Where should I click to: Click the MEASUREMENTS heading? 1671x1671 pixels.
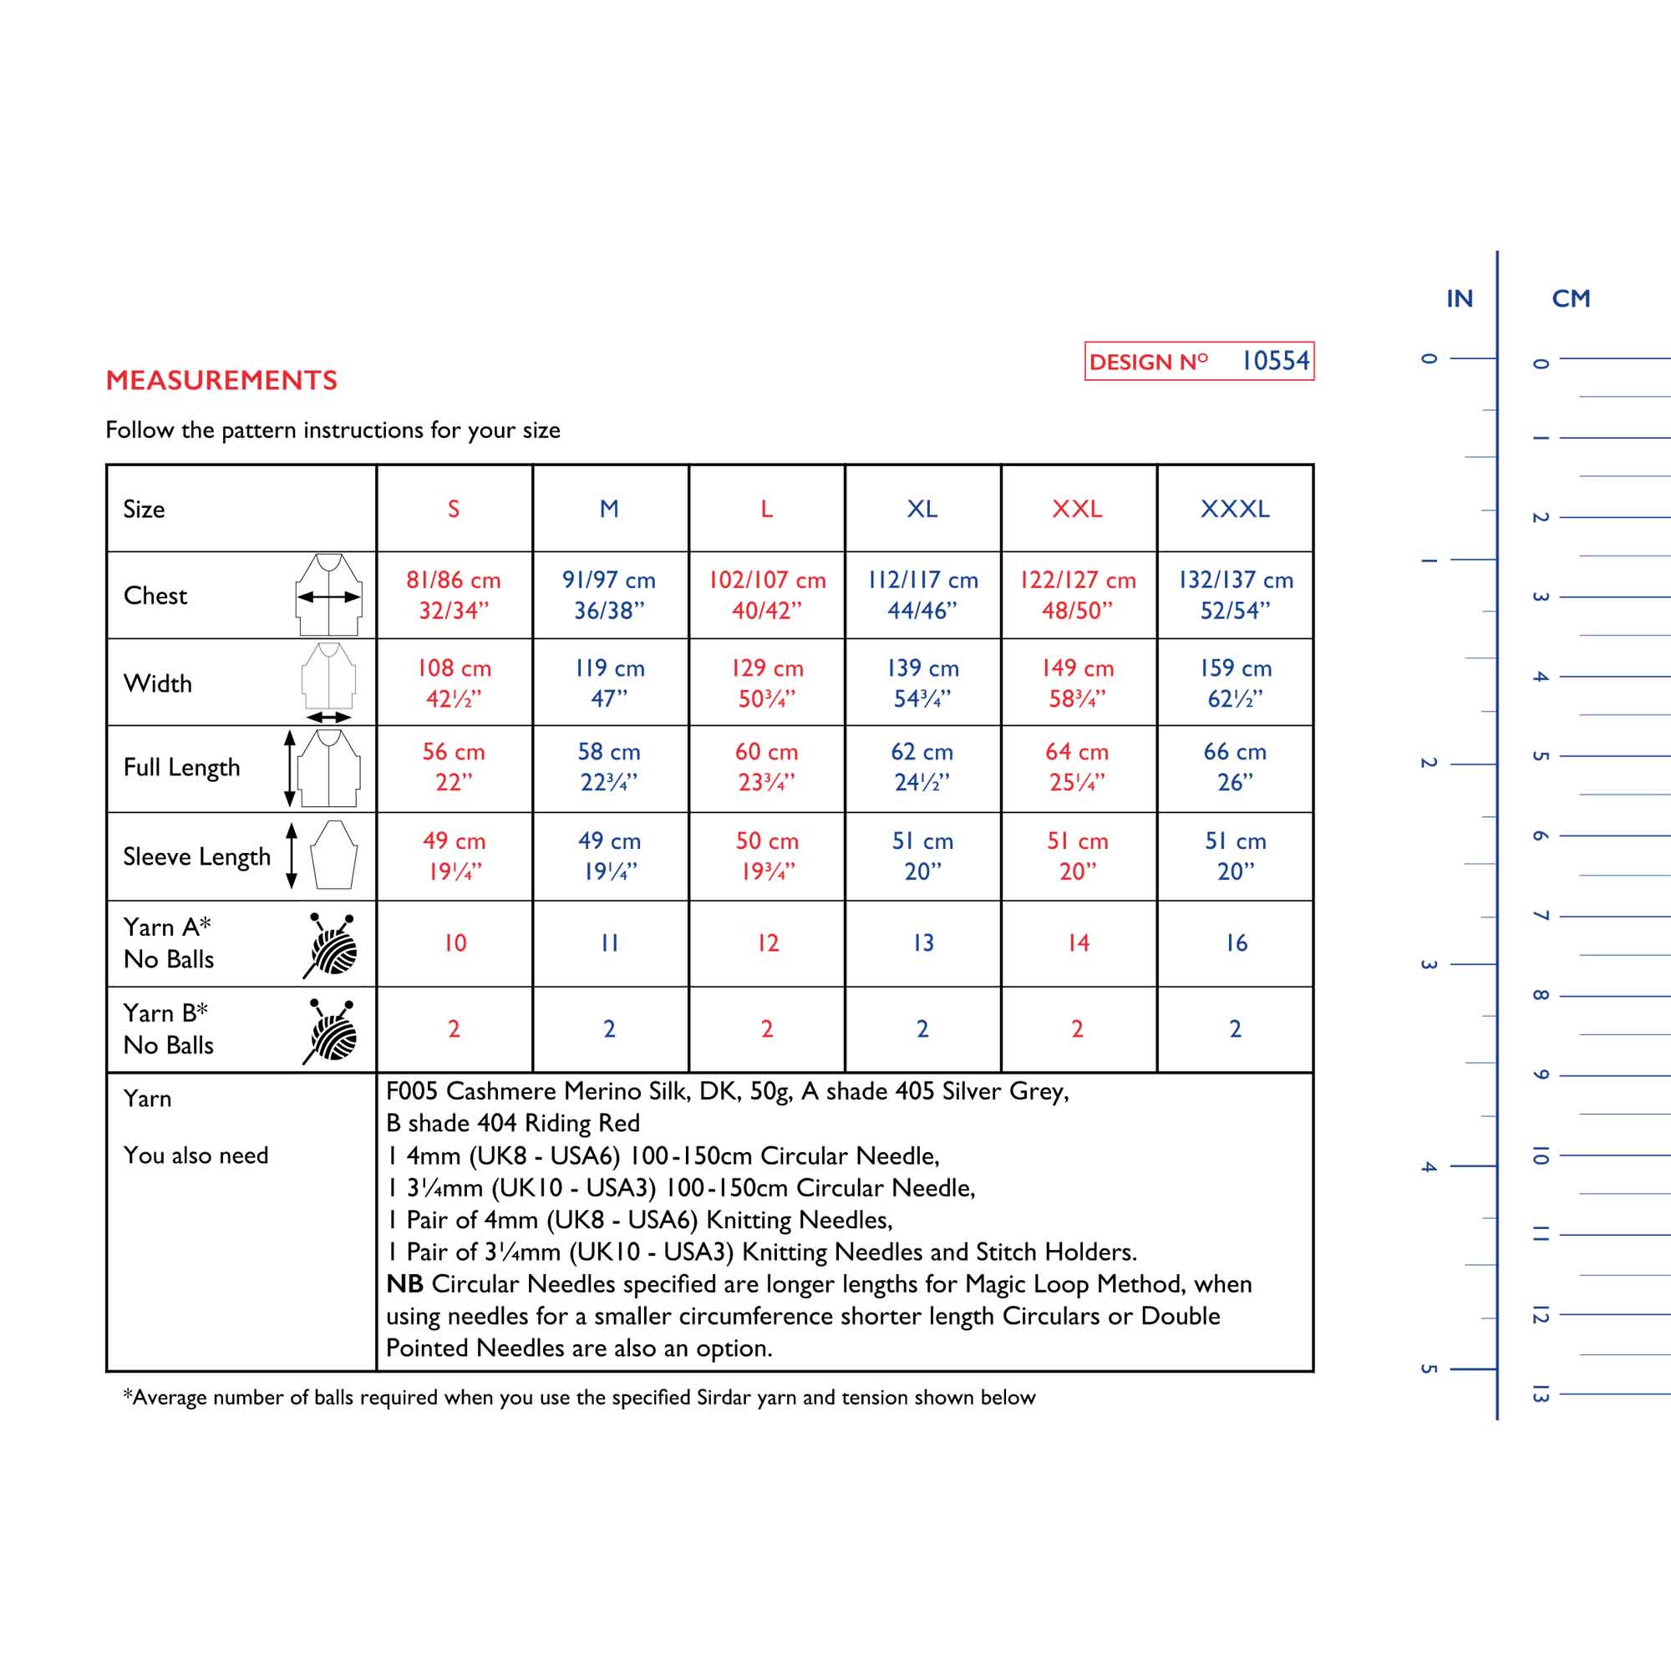221,379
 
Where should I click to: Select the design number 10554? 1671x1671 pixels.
1275,361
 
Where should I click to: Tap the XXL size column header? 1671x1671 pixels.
1077,509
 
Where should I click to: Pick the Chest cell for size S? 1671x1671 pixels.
454,595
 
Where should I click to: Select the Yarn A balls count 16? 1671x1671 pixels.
1236,942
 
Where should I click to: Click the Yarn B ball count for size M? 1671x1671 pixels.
610,1029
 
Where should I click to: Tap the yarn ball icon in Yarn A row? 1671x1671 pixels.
331,944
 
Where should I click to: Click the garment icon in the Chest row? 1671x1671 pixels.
328,595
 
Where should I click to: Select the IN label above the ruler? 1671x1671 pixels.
1459,298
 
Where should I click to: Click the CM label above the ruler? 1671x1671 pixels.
1571,298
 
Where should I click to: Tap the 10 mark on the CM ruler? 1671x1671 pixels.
1541,1155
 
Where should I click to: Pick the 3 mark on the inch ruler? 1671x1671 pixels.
1428,964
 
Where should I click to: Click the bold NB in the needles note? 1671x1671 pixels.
404,1283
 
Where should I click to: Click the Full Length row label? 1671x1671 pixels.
181,767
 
